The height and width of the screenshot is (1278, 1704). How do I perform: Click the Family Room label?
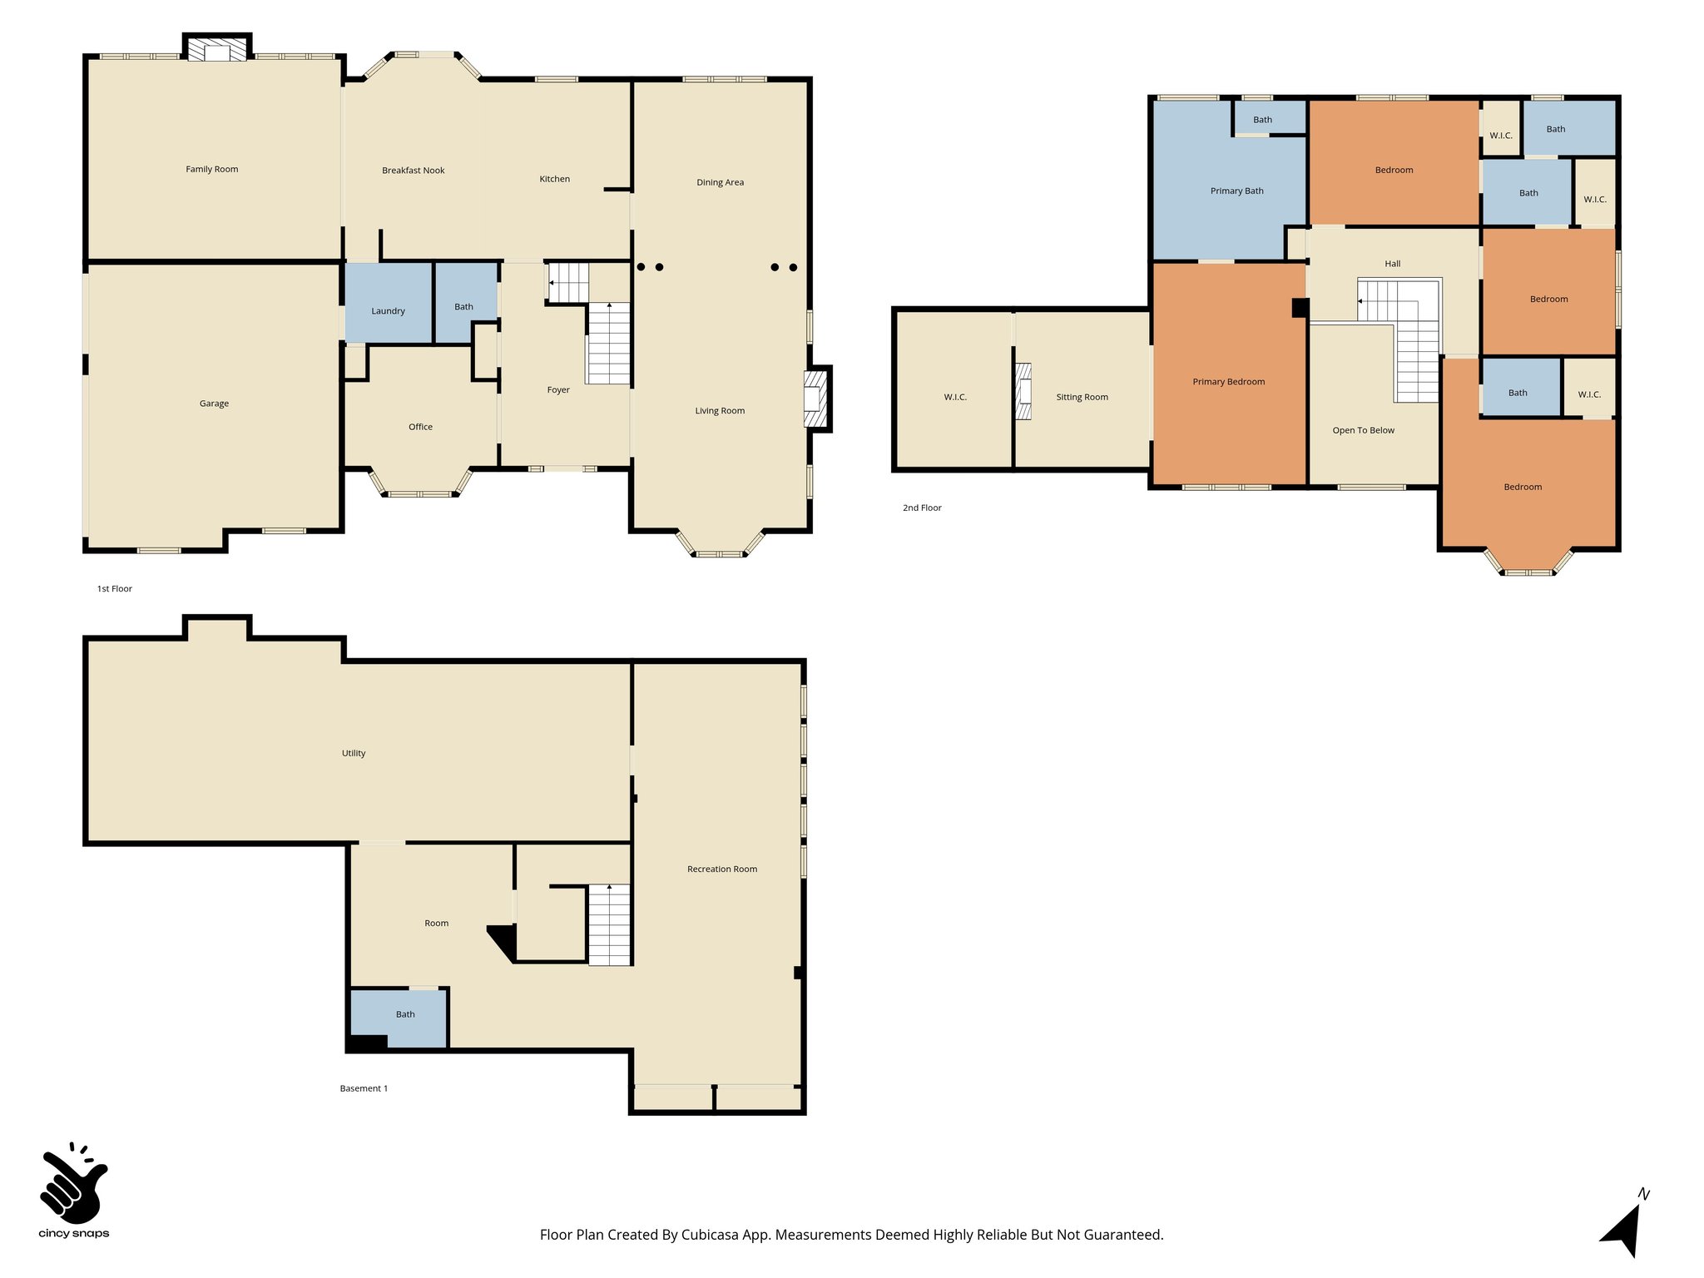pyautogui.click(x=211, y=169)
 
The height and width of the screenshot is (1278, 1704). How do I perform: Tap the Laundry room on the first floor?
pyautogui.click(x=388, y=305)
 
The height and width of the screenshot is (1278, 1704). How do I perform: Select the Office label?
pyautogui.click(x=420, y=427)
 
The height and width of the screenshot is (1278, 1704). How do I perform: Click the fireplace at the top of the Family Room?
pyautogui.click(x=217, y=51)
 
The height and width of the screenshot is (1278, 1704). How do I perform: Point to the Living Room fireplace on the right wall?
pyautogui.click(x=815, y=399)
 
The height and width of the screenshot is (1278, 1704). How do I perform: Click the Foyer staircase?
pyautogui.click(x=609, y=343)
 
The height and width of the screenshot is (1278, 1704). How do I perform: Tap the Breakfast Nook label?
pyautogui.click(x=413, y=171)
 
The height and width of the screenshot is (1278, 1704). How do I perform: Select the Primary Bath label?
pyautogui.click(x=1236, y=191)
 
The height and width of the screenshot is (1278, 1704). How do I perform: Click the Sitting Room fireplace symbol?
pyautogui.click(x=1023, y=391)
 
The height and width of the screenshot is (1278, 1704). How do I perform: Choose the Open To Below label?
pyautogui.click(x=1363, y=430)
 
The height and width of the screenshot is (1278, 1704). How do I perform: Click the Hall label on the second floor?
pyautogui.click(x=1392, y=264)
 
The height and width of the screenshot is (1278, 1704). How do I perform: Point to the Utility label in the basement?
pyautogui.click(x=354, y=753)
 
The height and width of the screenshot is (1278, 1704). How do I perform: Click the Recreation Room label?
pyautogui.click(x=721, y=869)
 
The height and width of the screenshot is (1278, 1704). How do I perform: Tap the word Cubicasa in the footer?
pyautogui.click(x=711, y=1235)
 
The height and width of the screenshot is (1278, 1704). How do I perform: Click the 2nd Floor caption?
pyautogui.click(x=922, y=508)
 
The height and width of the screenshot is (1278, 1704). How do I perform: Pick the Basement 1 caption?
pyautogui.click(x=364, y=1088)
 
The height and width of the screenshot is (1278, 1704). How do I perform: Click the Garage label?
pyautogui.click(x=214, y=404)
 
